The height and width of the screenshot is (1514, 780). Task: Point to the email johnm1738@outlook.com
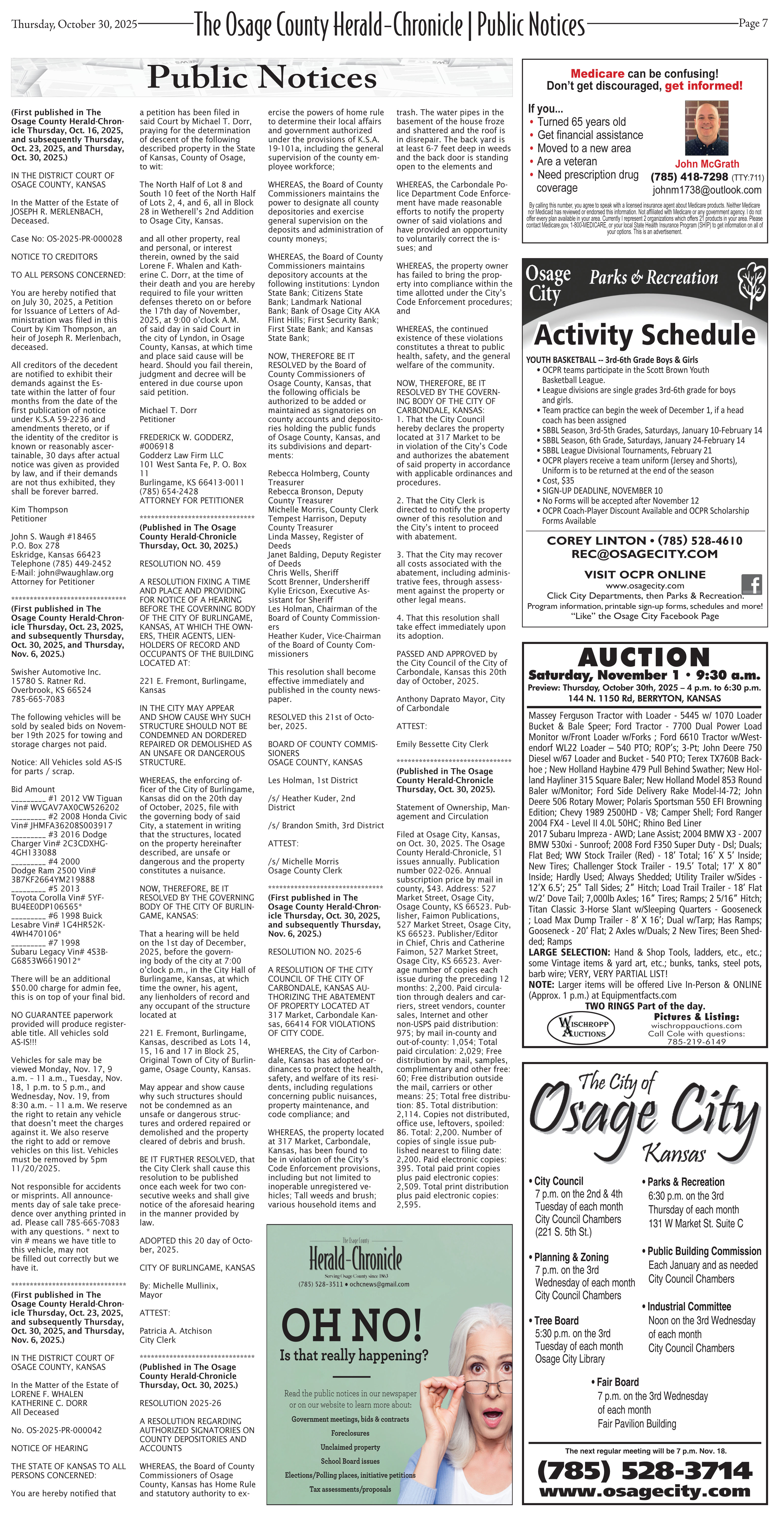[706, 190]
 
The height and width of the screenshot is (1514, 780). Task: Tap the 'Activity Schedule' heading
[644, 335]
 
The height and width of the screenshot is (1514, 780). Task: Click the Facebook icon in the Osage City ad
[752, 584]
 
